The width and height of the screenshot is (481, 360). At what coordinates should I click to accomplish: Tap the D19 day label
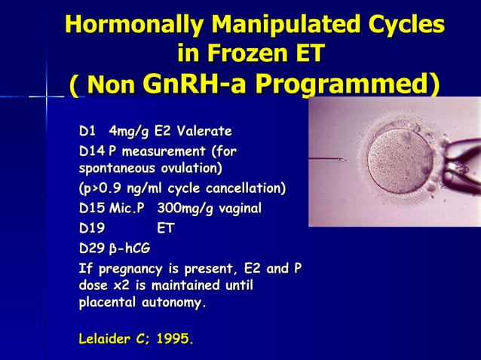click(92, 227)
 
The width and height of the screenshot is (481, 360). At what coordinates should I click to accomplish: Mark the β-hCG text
click(136, 248)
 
